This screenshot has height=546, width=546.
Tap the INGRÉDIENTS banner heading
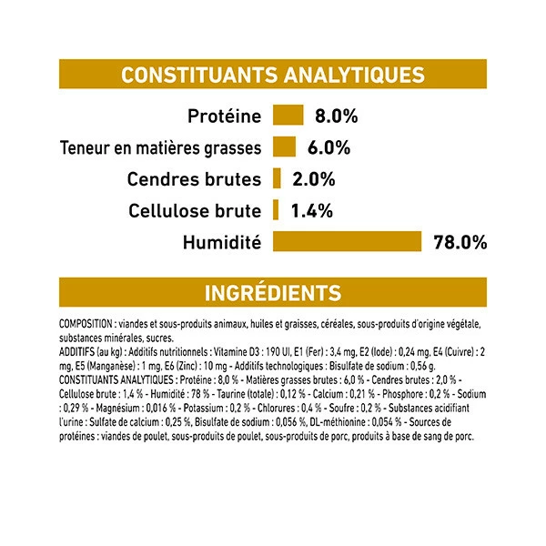tap(273, 292)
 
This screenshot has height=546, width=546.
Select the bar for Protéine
tap(287, 116)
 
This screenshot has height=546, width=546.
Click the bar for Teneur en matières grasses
tap(284, 147)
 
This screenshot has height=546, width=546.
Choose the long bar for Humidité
tap(347, 242)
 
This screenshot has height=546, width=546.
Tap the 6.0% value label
tap(329, 148)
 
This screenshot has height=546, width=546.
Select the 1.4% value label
tap(311, 211)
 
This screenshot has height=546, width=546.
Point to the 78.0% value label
tap(460, 243)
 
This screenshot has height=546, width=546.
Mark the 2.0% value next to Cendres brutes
tap(314, 179)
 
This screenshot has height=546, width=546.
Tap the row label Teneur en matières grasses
tap(160, 148)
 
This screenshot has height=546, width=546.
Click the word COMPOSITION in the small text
tap(85, 324)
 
